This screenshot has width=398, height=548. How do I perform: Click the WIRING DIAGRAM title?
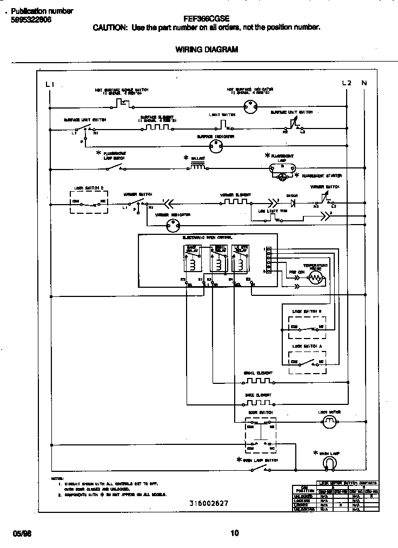pos(207,50)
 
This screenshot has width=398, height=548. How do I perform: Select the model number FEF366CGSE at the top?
pos(206,17)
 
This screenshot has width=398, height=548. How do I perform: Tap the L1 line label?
pos(50,84)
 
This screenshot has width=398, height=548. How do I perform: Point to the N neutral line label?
pos(364,83)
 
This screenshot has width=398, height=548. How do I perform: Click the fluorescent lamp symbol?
pos(283,168)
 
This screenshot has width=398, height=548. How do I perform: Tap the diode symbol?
pos(293,204)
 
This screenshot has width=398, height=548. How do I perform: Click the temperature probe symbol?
pos(315,278)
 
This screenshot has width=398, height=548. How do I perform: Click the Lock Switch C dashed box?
pos(88,202)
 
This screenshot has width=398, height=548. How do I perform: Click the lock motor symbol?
pos(329,424)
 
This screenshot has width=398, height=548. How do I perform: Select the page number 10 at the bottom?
pos(234,533)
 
